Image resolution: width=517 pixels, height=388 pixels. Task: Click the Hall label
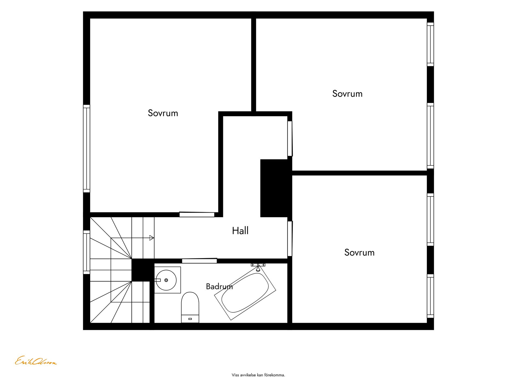[240, 231]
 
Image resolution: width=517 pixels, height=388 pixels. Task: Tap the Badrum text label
[219, 286]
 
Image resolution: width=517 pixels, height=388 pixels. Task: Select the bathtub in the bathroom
[245, 293]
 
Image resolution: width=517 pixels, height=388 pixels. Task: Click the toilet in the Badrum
[190, 307]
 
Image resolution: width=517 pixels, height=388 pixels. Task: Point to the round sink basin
[166, 280]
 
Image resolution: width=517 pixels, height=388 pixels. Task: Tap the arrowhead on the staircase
[152, 238]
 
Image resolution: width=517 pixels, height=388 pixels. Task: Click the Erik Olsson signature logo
[36, 361]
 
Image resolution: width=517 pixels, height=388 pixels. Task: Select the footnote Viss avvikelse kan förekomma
[258, 375]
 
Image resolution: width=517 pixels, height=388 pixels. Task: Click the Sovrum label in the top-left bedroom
[163, 113]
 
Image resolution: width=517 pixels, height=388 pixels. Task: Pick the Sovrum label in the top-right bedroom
[347, 94]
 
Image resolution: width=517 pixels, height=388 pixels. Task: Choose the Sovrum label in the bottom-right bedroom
[359, 252]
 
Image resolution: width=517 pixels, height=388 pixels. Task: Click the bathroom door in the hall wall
[200, 261]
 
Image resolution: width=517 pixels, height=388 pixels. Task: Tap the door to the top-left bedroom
[197, 214]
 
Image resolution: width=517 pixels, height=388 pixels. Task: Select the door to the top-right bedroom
[290, 138]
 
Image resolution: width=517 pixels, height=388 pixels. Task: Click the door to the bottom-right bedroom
[290, 239]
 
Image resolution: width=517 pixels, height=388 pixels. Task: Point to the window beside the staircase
[86, 252]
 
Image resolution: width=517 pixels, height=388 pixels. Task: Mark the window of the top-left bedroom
[86, 149]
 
